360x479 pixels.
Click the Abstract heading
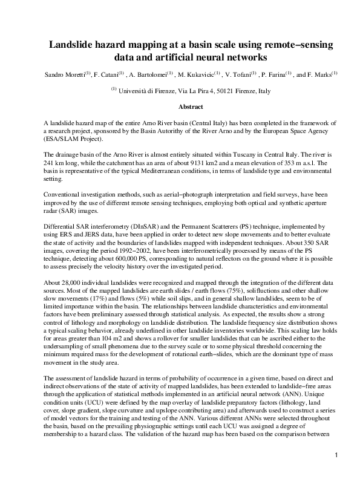pyautogui.click(x=191, y=106)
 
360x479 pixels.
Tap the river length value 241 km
pyautogui.click(x=57, y=163)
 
